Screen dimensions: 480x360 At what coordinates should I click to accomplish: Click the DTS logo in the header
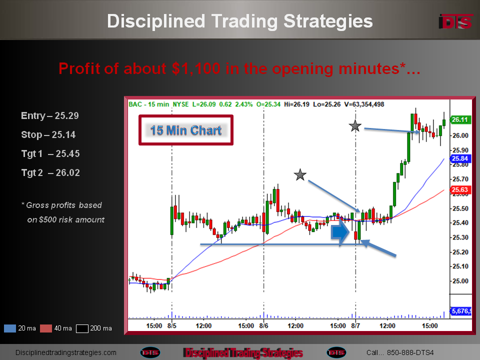pos(455,21)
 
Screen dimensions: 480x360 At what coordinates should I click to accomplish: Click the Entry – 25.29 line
pos(50,115)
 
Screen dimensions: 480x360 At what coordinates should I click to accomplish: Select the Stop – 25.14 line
pos(48,134)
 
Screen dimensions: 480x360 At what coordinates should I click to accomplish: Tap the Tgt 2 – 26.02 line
pos(50,172)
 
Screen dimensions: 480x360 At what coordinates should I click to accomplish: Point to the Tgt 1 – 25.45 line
pos(50,153)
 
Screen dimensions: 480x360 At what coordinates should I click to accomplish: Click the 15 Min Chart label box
pos(186,130)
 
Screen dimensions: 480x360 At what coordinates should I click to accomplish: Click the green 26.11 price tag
pos(460,119)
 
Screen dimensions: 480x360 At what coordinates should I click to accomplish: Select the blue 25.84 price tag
pos(460,158)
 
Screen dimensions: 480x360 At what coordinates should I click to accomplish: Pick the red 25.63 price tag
pos(460,190)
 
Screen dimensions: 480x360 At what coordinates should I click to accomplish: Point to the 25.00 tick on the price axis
pos(460,281)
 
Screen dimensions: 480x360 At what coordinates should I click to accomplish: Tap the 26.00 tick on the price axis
pos(460,135)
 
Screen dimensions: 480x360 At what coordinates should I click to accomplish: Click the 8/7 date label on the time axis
pos(355,325)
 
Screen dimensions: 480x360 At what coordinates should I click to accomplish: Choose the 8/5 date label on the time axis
pos(171,325)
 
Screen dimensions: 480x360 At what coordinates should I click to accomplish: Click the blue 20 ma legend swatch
pos(10,328)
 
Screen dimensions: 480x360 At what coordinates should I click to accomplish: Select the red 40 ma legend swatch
pos(46,328)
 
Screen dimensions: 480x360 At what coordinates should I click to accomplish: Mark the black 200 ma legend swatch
pos(82,328)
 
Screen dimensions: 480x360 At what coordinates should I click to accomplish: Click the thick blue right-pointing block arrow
pos(340,232)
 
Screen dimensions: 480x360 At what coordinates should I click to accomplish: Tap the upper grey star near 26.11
pos(355,126)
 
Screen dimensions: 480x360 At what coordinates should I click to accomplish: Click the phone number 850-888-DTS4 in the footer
pos(410,352)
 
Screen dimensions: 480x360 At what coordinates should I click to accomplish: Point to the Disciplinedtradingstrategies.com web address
pos(66,352)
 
